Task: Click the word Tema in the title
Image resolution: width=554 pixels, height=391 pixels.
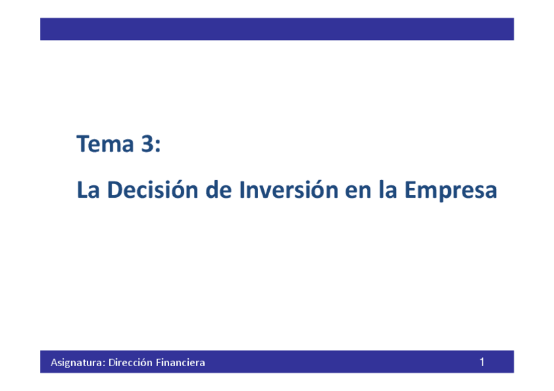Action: [x=105, y=144]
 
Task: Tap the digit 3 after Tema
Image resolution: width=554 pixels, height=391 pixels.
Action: [x=148, y=144]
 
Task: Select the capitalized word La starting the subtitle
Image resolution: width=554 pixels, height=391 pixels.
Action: [x=88, y=190]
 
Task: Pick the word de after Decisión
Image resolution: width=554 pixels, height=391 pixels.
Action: [x=218, y=189]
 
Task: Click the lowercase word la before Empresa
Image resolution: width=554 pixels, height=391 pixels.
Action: [x=387, y=189]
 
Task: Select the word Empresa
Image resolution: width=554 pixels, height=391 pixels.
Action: [x=451, y=191]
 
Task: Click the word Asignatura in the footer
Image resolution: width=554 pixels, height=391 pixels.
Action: [x=78, y=363]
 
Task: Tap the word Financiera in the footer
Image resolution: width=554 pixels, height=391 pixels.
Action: [x=180, y=362]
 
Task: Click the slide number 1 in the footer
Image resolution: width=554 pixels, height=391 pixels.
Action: [x=482, y=362]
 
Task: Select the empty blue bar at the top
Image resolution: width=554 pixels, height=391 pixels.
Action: [x=277, y=29]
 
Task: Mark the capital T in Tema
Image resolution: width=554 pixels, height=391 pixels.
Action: [x=83, y=144]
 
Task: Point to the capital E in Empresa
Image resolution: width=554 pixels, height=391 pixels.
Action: [x=410, y=190]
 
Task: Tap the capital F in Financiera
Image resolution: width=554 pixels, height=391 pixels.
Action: [x=159, y=362]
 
